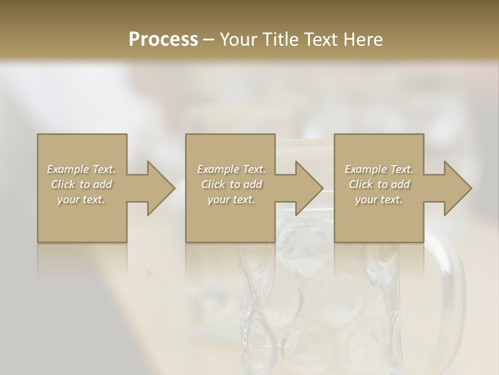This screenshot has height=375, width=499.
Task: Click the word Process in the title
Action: [x=163, y=40]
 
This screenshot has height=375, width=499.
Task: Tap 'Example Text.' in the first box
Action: [x=82, y=169]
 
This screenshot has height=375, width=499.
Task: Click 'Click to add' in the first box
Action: [x=82, y=184]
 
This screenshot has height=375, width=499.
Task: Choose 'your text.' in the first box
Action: [x=82, y=199]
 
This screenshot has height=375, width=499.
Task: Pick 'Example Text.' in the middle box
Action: [x=231, y=169]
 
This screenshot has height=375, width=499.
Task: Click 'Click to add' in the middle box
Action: [x=231, y=184]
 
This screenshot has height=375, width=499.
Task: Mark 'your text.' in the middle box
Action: [x=231, y=199]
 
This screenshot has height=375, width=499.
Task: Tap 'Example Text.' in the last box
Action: [x=379, y=169]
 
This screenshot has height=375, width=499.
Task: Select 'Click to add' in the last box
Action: [x=379, y=184]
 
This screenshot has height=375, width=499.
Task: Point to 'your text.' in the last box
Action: [x=379, y=199]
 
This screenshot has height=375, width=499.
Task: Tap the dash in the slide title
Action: [x=208, y=40]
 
